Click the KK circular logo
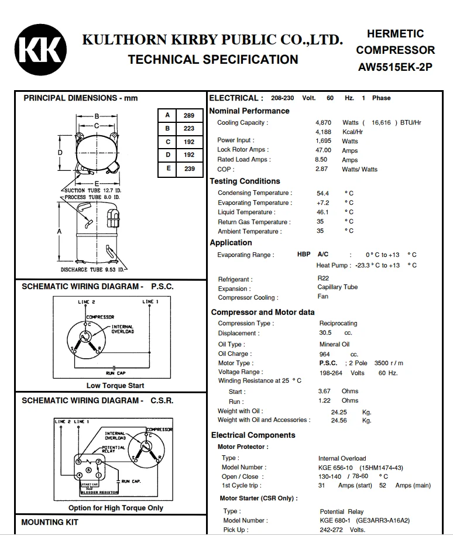click(x=40, y=50)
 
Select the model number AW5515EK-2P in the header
click(x=395, y=67)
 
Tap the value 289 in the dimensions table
click(x=188, y=115)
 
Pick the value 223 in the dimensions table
click(x=188, y=129)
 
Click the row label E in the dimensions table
click(x=168, y=168)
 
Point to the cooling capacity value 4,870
click(x=323, y=122)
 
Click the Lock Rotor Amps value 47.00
click(x=323, y=150)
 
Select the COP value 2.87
click(x=321, y=169)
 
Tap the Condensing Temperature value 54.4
click(x=322, y=193)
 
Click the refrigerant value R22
click(x=323, y=279)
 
